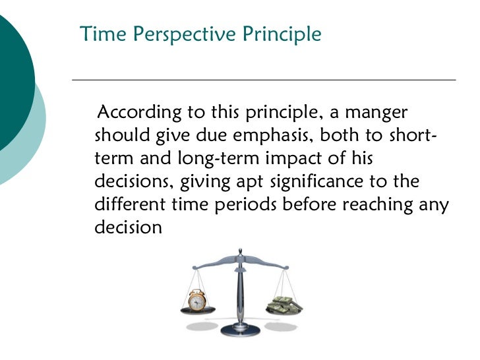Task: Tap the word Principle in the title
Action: tap(284, 34)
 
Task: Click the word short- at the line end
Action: tap(410, 135)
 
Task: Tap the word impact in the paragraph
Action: tap(307, 159)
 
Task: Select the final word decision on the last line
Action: tap(128, 227)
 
